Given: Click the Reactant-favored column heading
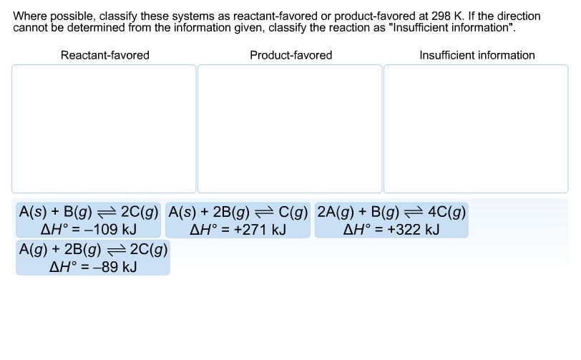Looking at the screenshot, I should pos(104,55).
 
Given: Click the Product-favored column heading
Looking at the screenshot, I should pos(290,55).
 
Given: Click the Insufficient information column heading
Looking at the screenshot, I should pos(477,55).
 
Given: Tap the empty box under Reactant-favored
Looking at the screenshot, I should pos(104,129).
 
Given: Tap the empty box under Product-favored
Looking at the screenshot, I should pos(290,129).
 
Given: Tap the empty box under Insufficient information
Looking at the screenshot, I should pos(476,129).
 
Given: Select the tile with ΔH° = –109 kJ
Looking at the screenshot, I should pos(89,220).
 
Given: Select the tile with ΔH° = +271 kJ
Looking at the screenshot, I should pos(238,220).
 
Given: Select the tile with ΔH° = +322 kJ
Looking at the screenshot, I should pos(391,220).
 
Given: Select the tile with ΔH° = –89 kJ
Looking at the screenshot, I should pos(93,258).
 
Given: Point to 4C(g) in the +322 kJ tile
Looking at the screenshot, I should pos(447,212).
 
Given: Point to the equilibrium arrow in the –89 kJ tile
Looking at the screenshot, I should pos(117,250).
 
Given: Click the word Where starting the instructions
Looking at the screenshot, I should pos(29,16).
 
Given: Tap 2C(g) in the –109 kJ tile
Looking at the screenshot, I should pos(140,212).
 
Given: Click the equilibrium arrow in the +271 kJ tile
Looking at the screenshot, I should pos(264,212).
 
